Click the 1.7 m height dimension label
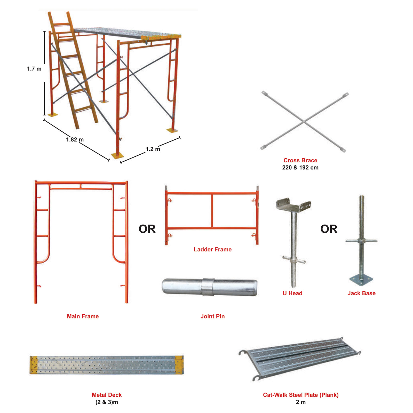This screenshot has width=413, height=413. coord(34,69)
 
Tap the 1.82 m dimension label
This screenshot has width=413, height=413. coord(75,140)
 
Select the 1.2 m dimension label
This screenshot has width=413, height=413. coord(153,149)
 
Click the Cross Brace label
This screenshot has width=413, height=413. coord(300,160)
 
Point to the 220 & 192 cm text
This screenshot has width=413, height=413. coord(300,168)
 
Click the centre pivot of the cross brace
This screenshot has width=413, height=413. coord(304,121)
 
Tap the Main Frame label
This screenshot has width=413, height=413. coord(83,316)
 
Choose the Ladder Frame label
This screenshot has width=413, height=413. coord(213,250)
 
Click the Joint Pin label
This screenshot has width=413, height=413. coord(213,316)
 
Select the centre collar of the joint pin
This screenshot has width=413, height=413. coord(208,287)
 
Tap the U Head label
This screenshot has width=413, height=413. coord(292,293)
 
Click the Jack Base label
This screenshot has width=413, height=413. coord(361,293)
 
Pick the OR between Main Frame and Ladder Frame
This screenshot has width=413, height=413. coord(147,229)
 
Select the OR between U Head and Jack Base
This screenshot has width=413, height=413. coord(329,229)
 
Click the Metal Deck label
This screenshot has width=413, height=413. coord(107,395)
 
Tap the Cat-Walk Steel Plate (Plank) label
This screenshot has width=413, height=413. coord(301,395)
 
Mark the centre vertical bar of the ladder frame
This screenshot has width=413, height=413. coord(212,211)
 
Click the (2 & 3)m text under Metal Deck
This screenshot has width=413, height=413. coord(107,402)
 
